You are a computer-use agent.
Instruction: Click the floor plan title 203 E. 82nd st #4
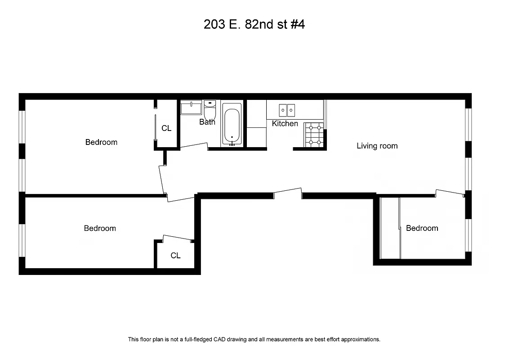[254, 24]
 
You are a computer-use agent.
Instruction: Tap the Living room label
[377, 146]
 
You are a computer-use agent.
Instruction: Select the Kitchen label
[285, 123]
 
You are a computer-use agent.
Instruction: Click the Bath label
[207, 122]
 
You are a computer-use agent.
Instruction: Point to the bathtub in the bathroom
[232, 124]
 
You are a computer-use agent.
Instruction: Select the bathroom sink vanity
[191, 108]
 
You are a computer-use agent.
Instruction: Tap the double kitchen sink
[287, 110]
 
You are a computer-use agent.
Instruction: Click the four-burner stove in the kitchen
[314, 135]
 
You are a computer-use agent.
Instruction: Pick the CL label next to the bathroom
[166, 128]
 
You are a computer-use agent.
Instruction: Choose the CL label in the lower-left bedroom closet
[175, 256]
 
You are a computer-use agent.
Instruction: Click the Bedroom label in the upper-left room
[101, 142]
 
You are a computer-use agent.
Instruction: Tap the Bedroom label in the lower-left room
[100, 229]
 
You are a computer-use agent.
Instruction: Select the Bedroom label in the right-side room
[422, 228]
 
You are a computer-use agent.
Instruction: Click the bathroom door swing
[194, 146]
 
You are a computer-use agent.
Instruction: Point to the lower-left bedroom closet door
[178, 238]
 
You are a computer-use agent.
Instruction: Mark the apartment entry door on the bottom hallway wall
[288, 192]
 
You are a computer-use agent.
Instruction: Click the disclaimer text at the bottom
[254, 339]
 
